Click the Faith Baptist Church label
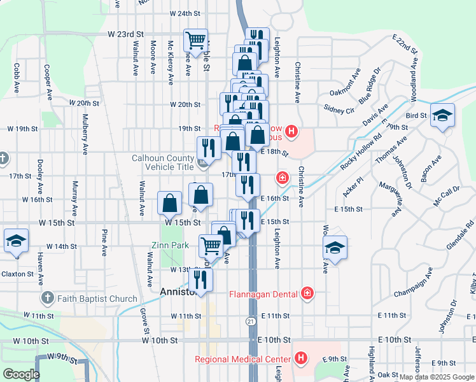(x=97, y=299)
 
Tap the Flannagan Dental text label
(x=264, y=294)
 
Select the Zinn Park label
(x=170, y=245)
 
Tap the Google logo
(x=21, y=374)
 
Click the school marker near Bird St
(x=442, y=116)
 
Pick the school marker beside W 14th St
(x=16, y=241)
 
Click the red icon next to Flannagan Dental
(x=308, y=293)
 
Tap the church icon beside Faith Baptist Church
(x=47, y=298)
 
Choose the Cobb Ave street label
(x=16, y=76)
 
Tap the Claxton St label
(x=18, y=274)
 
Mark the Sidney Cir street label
(x=339, y=109)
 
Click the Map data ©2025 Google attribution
(x=437, y=377)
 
